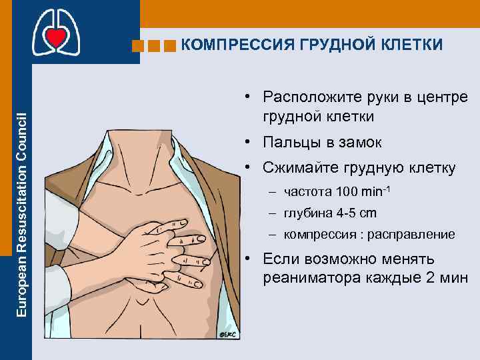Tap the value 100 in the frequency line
click(x=347, y=193)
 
